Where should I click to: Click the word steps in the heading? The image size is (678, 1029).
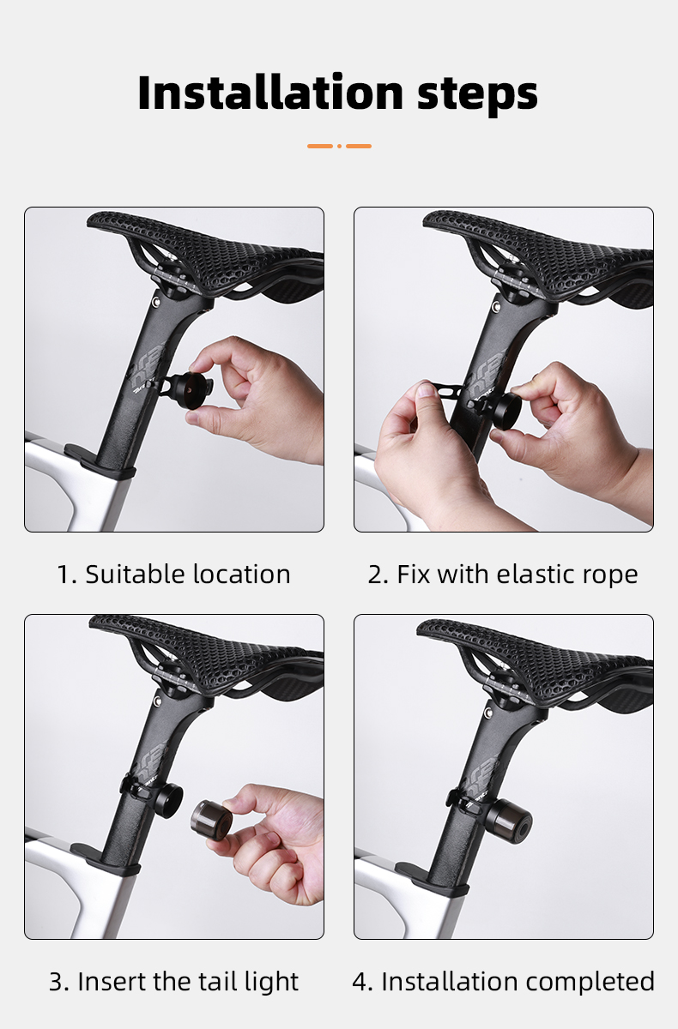478,94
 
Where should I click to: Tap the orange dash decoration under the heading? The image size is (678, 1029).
339,146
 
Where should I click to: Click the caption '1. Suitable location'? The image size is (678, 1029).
174,574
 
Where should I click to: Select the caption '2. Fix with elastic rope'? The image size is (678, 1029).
503,574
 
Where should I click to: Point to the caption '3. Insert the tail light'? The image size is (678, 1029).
174,981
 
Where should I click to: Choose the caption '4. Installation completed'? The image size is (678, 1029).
503,981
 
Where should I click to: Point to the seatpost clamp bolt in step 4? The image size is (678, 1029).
486,712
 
